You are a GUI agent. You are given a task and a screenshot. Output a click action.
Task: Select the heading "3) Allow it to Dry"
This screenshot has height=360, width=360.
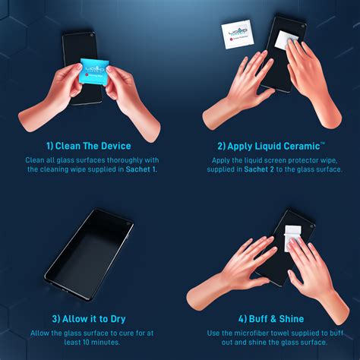click(89, 318)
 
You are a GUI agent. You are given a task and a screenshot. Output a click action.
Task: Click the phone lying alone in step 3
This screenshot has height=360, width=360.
click(90, 248)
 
